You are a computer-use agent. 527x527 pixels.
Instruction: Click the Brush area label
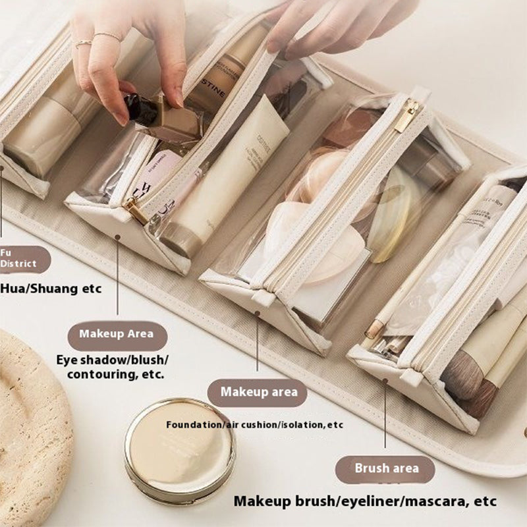click(x=387, y=469)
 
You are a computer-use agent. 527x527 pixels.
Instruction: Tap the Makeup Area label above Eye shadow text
click(x=117, y=333)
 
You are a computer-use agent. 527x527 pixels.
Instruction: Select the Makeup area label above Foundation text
click(x=258, y=392)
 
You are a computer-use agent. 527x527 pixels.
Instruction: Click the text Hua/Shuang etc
click(x=51, y=288)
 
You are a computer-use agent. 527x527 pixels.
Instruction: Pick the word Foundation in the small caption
click(x=194, y=425)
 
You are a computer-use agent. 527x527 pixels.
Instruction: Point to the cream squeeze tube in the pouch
click(x=227, y=178)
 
